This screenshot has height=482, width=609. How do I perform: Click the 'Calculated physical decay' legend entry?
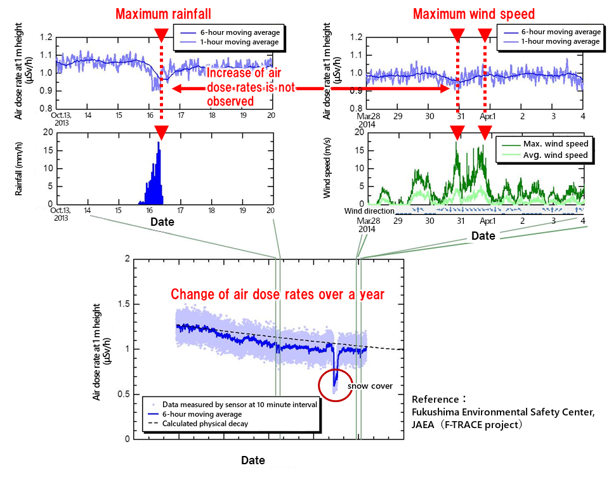click(x=205, y=424)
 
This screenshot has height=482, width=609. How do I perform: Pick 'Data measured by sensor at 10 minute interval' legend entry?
click(x=239, y=404)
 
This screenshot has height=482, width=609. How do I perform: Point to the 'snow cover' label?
click(x=374, y=386)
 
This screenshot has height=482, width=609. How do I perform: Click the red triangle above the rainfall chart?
click(x=161, y=133)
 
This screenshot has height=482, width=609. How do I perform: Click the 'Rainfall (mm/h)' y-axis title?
click(x=20, y=168)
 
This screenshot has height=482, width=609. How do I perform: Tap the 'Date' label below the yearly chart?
click(x=252, y=460)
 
